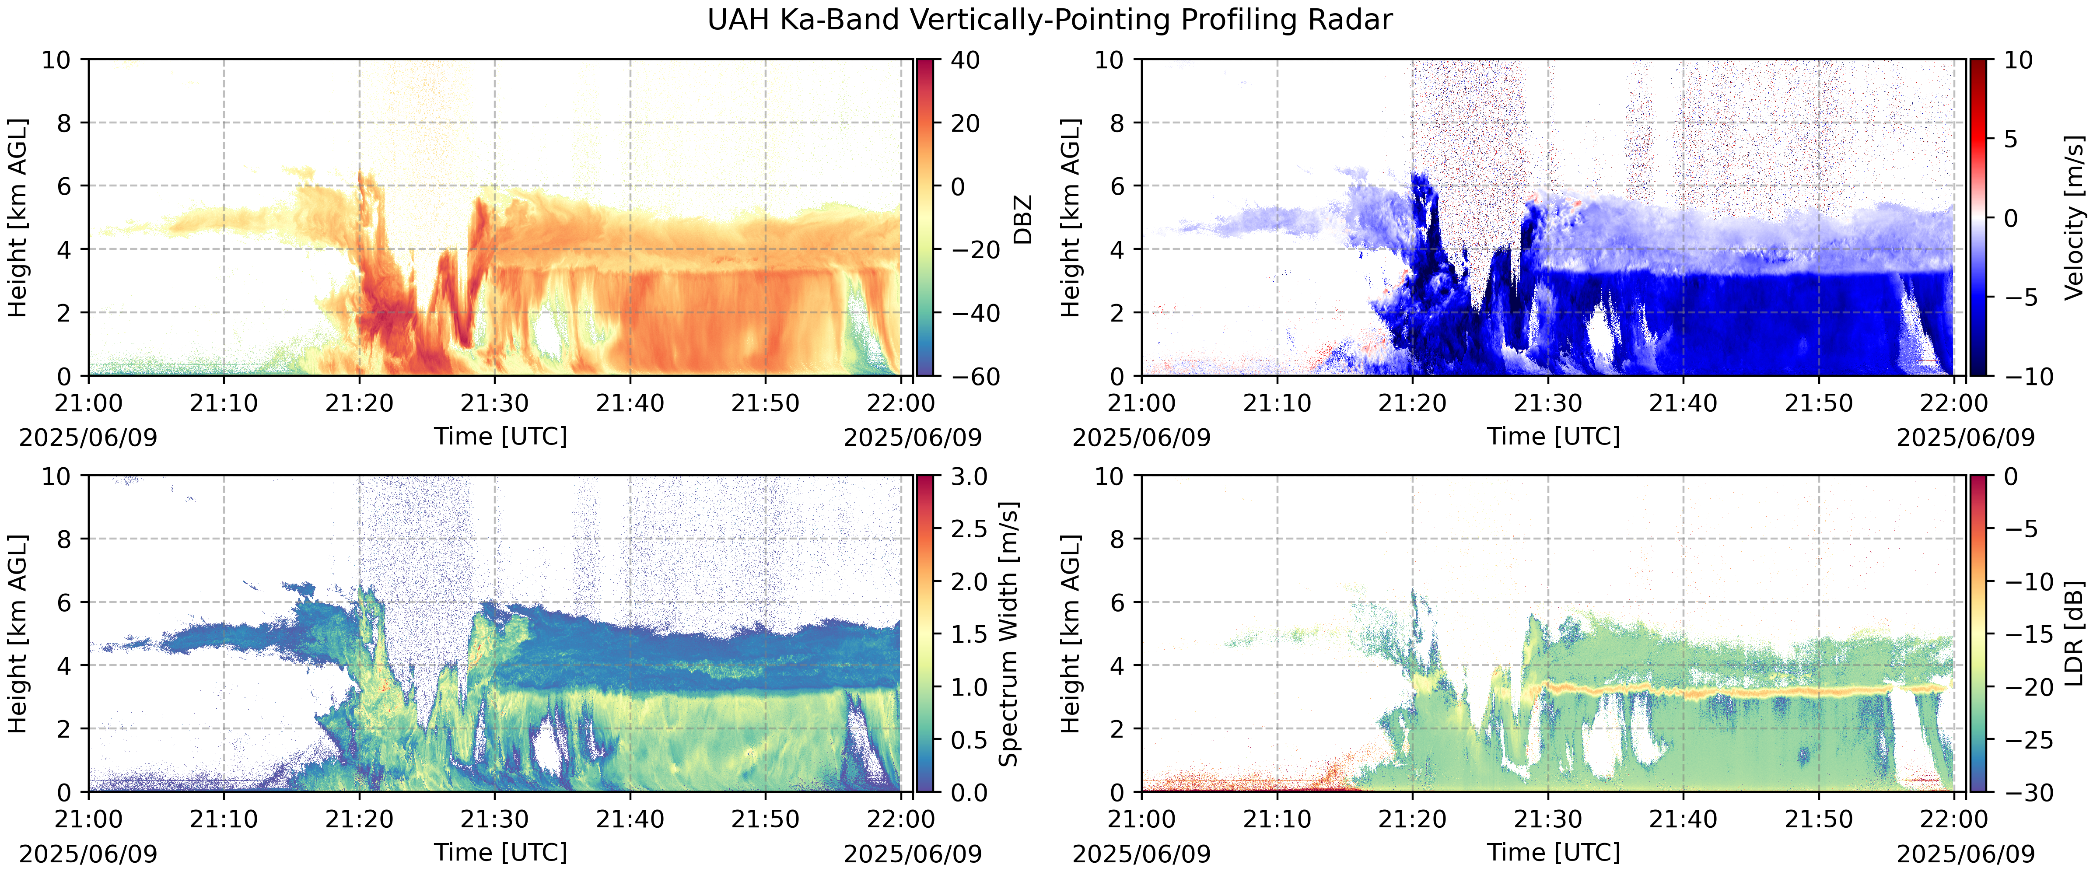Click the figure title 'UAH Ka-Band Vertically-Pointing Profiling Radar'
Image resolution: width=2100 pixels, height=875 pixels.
click(1049, 20)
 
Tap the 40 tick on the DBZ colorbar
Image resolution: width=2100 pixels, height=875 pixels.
click(965, 59)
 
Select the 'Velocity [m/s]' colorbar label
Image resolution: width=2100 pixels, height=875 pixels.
click(2074, 219)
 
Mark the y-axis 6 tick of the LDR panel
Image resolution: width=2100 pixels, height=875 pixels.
click(1116, 602)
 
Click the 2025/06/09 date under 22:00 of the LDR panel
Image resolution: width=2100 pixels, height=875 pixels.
click(1966, 854)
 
